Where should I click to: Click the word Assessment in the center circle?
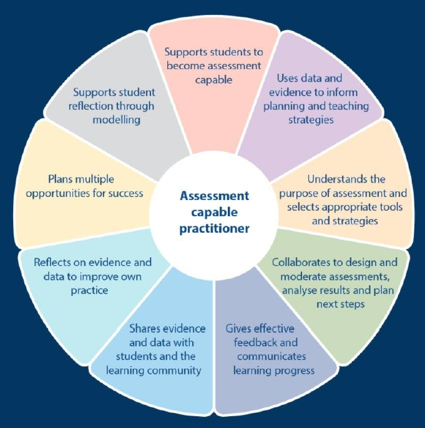(214, 196)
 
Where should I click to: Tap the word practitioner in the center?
(214, 229)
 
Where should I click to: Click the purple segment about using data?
(312, 100)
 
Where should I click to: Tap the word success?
(125, 193)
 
